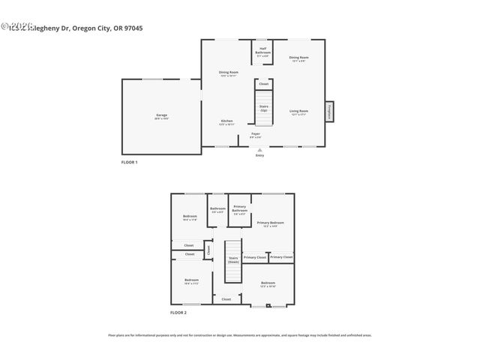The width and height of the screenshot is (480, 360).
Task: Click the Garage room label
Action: (161, 116)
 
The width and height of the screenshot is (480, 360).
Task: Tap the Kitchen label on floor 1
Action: (226, 121)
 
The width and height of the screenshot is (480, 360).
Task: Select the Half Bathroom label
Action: (263, 52)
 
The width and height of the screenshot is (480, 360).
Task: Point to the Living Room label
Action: (299, 112)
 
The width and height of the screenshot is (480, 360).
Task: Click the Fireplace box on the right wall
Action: (329, 111)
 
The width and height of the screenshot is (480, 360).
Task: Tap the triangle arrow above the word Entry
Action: (259, 150)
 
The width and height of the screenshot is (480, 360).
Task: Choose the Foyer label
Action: (256, 135)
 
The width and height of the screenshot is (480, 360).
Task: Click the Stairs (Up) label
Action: (264, 109)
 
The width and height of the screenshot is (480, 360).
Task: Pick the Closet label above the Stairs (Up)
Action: (264, 84)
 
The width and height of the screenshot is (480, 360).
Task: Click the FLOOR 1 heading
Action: (130, 162)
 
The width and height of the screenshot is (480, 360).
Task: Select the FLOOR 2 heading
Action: (178, 312)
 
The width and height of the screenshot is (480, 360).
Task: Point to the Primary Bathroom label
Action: (240, 209)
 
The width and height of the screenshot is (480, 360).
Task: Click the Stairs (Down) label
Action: (233, 259)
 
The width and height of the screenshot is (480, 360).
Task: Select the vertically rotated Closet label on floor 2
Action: (208, 249)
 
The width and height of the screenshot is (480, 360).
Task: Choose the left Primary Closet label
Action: (255, 257)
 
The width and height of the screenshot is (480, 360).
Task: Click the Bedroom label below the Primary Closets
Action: (268, 284)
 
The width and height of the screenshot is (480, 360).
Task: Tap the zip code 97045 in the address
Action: (132, 28)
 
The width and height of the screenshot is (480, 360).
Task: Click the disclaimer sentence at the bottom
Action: (240, 335)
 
